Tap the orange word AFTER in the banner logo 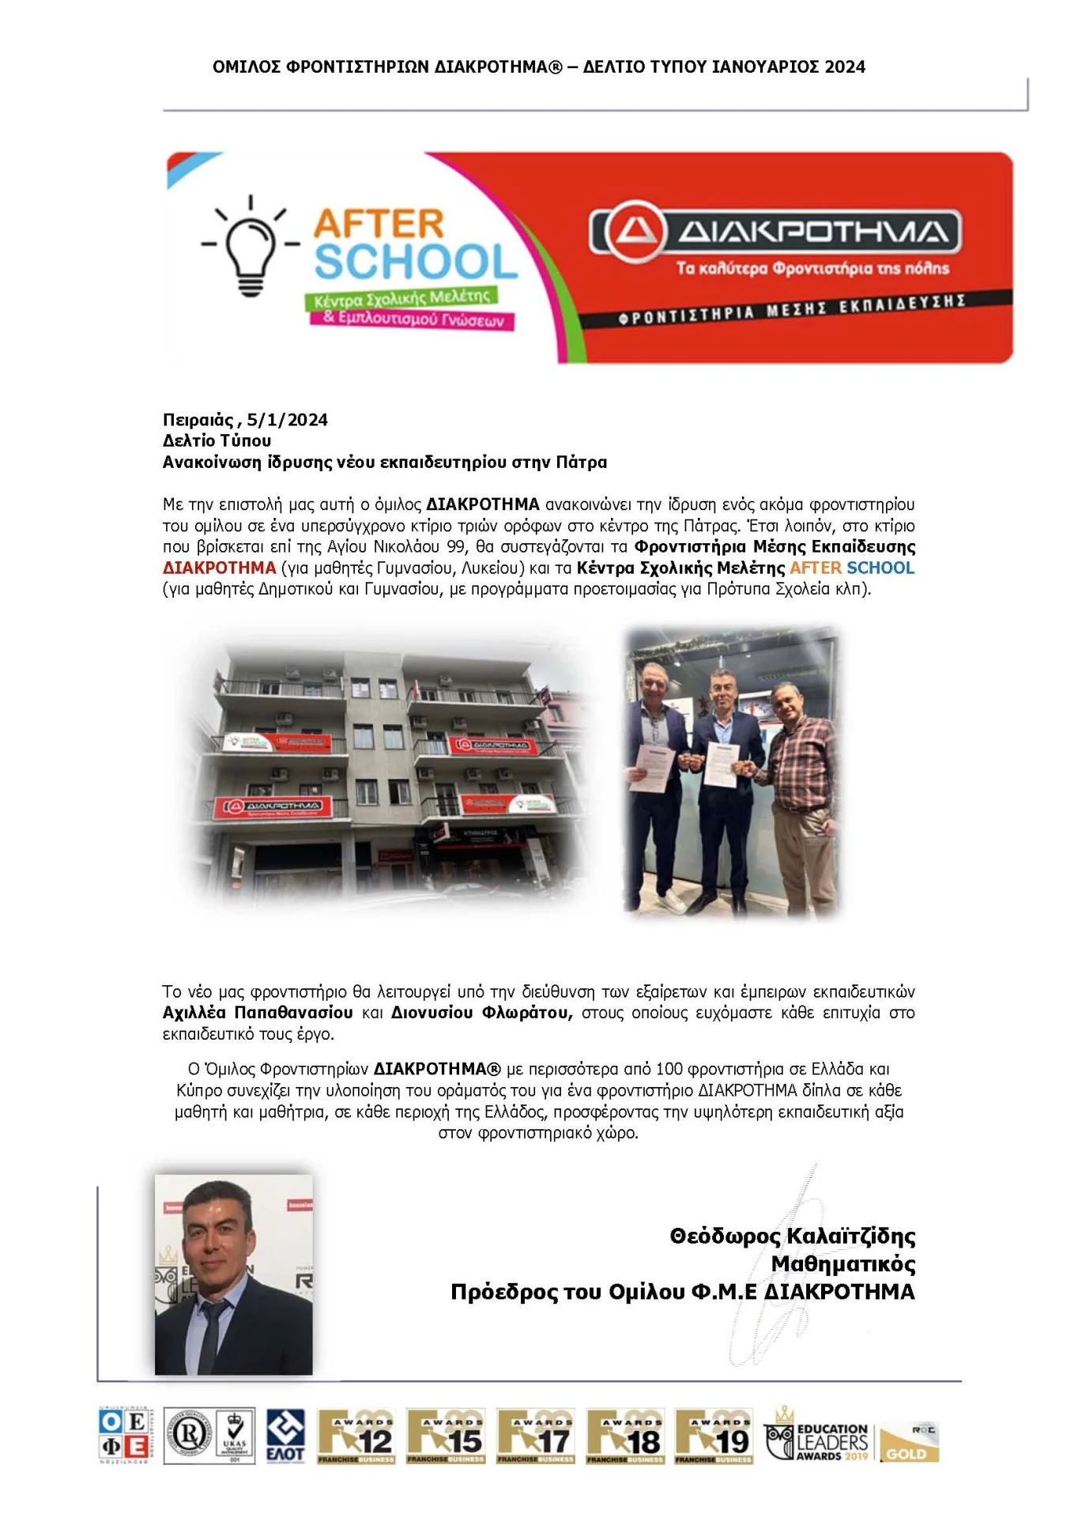pyautogui.click(x=379, y=225)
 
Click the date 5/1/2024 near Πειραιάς pyautogui.click(x=287, y=420)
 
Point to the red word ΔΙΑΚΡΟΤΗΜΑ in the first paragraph pyautogui.click(x=219, y=568)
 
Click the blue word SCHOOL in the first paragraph pyautogui.click(x=880, y=568)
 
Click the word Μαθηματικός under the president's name pyautogui.click(x=842, y=1263)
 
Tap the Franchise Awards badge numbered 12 pyautogui.click(x=356, y=1436)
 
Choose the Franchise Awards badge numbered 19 pyautogui.click(x=714, y=1436)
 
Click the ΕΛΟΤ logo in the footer pyautogui.click(x=285, y=1435)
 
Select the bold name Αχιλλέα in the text pyautogui.click(x=194, y=1013)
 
